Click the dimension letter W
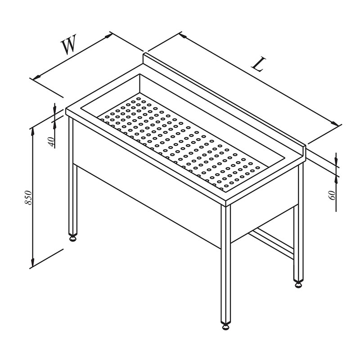tap(69, 45)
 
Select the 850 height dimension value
tap(28, 197)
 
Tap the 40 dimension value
tap(51, 141)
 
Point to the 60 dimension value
tap(333, 195)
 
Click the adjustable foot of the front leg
tap(226, 326)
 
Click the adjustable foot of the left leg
tap(73, 238)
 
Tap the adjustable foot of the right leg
tap(298, 284)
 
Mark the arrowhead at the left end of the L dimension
tap(183, 36)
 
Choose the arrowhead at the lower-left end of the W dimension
tap(37, 77)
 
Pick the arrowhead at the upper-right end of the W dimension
tap(108, 36)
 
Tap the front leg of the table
tap(226, 264)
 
